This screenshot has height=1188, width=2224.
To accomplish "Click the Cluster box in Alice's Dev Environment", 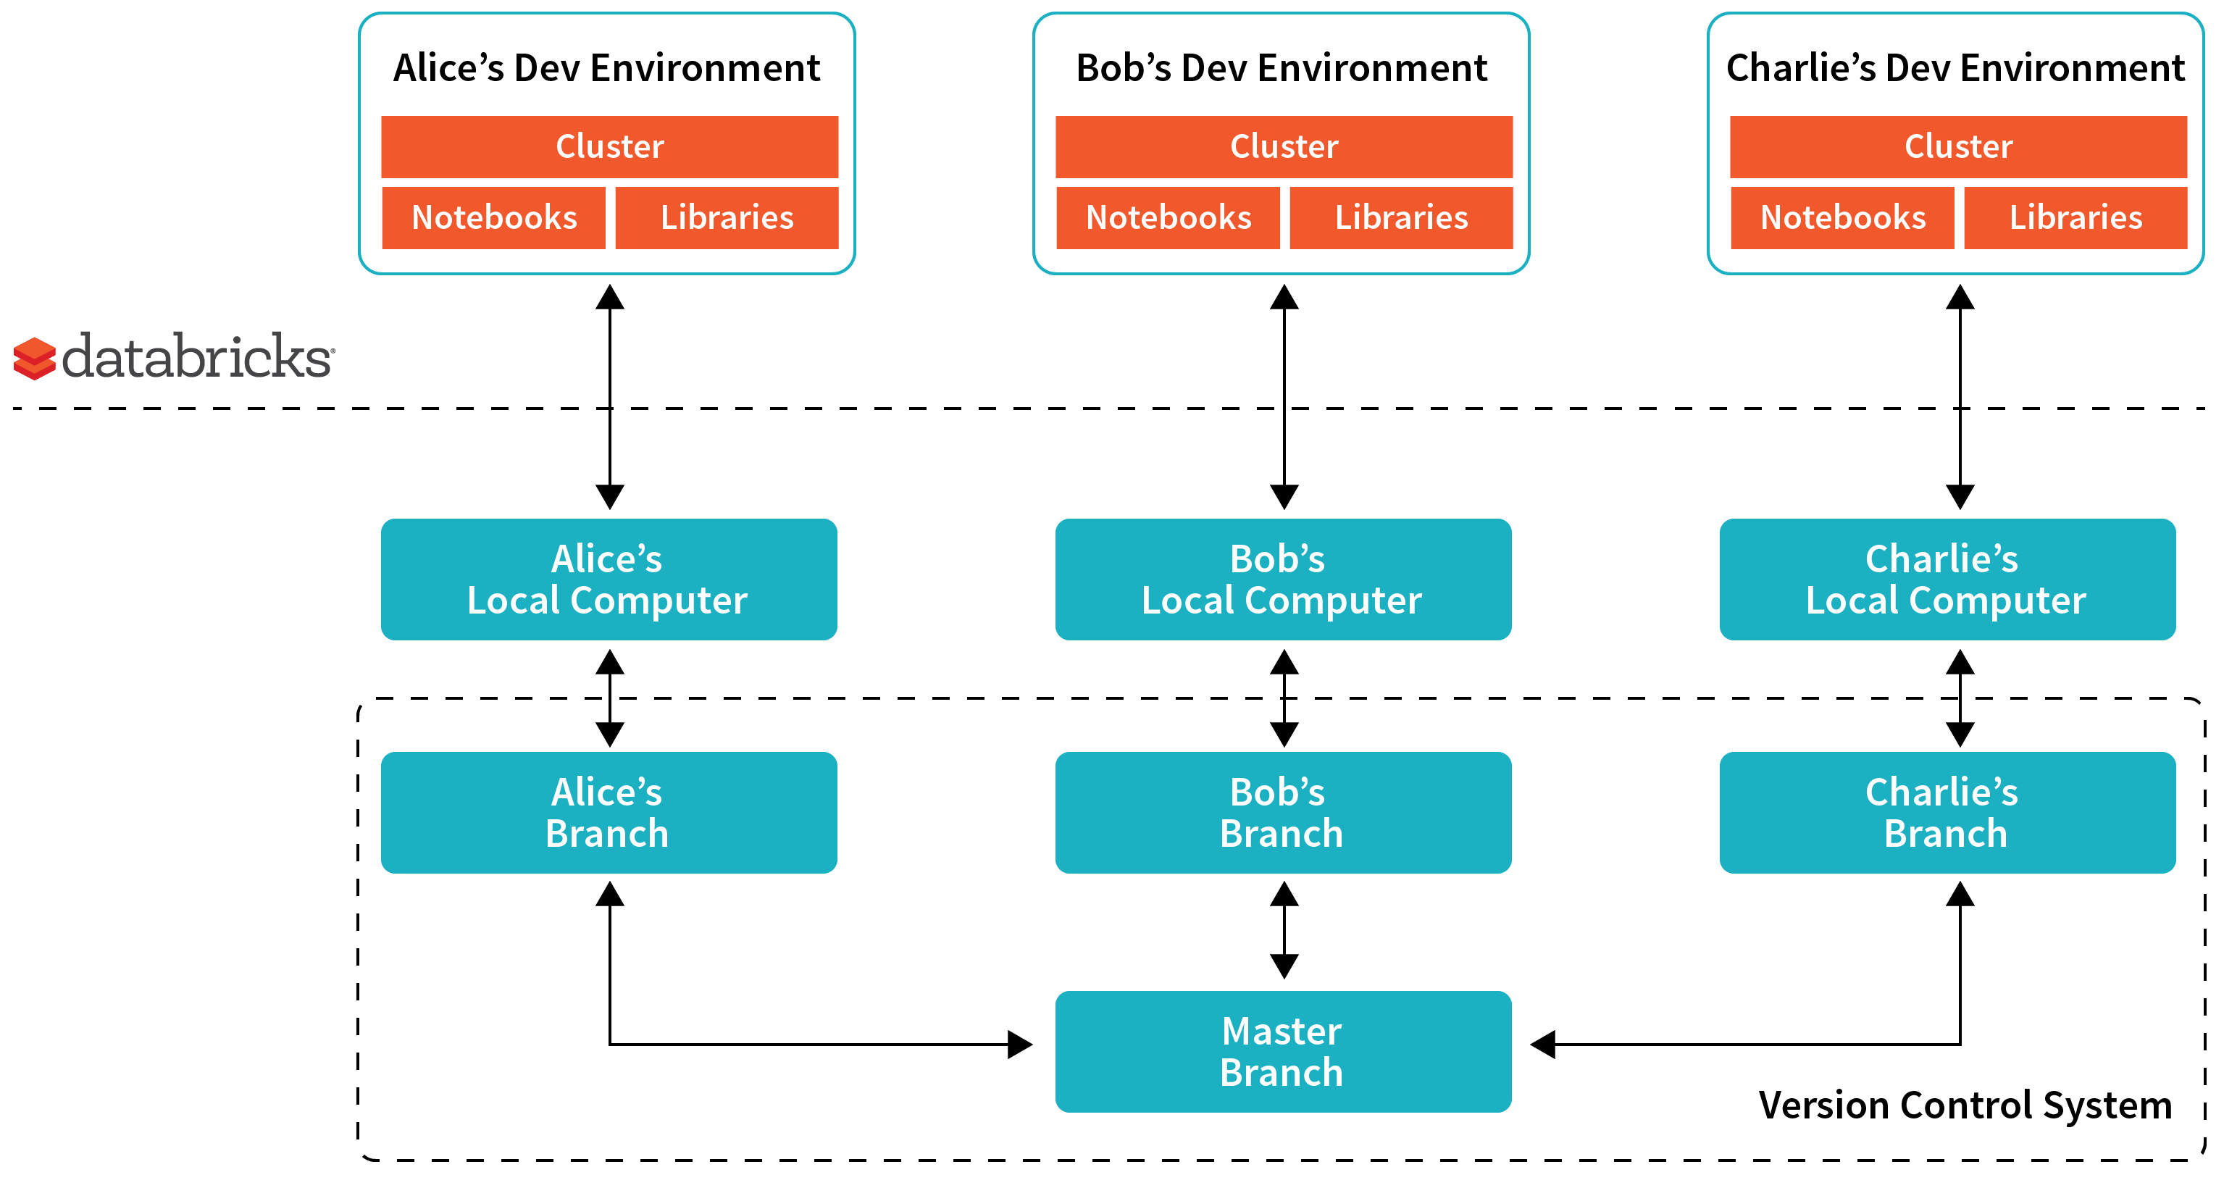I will coord(609,147).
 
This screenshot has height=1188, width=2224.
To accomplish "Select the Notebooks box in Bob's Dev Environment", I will coord(1167,217).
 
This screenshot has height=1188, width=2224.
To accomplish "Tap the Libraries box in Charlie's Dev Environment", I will coord(2075,217).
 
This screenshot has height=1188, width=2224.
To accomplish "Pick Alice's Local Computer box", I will coord(609,580).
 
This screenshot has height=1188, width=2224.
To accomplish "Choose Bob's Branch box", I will coord(1282,813).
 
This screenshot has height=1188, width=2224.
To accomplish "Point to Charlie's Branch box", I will coord(1946,813).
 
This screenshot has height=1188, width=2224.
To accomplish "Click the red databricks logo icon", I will coord(35,359).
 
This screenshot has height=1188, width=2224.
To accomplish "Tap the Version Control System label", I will coord(1964,1105).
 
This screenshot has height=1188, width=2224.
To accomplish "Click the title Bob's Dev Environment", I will coord(1282,68).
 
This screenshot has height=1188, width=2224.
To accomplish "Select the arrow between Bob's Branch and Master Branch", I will coord(1284,930).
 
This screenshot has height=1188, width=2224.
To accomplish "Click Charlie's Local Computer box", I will coord(1946,580).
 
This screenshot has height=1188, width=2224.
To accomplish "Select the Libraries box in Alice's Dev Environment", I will coord(726,217).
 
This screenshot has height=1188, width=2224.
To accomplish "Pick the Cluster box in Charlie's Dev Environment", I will coord(1957,147).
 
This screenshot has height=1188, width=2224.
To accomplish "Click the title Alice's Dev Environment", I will coord(607,68).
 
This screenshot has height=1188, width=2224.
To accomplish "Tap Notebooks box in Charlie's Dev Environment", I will coord(1842,217).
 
